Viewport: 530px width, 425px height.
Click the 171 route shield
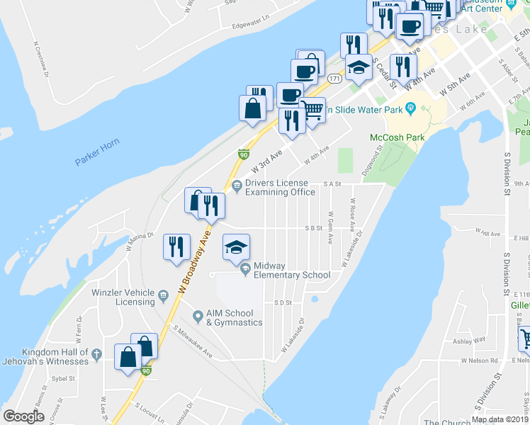(x=335, y=79)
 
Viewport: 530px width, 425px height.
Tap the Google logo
(x=24, y=416)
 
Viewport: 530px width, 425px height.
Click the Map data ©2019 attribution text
(x=500, y=419)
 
